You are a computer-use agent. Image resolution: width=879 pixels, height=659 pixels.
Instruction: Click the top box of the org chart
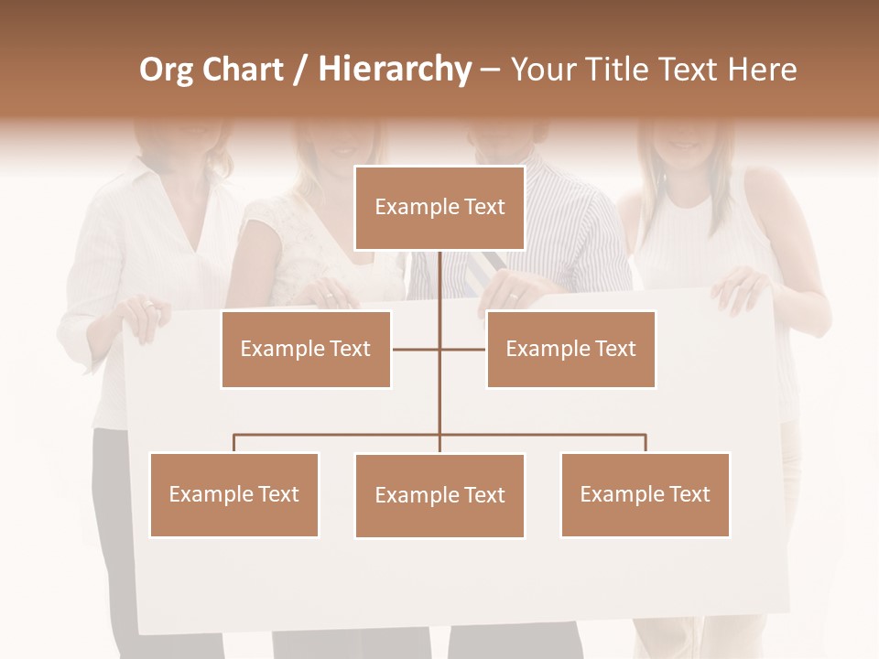pyautogui.click(x=439, y=208)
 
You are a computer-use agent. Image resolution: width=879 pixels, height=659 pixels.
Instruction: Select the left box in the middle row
pyautogui.click(x=306, y=349)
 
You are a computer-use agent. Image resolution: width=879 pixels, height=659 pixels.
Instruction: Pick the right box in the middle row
pyautogui.click(x=570, y=349)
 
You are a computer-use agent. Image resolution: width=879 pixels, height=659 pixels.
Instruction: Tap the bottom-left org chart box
pyautogui.click(x=234, y=494)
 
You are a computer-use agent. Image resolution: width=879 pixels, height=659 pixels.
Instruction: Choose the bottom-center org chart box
pyautogui.click(x=439, y=495)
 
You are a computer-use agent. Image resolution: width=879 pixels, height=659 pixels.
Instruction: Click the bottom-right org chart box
pyautogui.click(x=645, y=494)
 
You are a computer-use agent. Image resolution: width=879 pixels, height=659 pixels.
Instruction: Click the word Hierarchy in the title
pyautogui.click(x=395, y=70)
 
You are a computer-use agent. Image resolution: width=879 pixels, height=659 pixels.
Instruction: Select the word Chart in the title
pyautogui.click(x=245, y=70)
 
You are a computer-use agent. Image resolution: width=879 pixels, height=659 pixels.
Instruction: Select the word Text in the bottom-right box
pyautogui.click(x=689, y=494)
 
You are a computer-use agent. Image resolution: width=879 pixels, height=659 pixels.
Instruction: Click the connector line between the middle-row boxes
pyautogui.click(x=417, y=349)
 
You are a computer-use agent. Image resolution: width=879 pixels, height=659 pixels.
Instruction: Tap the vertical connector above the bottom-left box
pyautogui.click(x=234, y=443)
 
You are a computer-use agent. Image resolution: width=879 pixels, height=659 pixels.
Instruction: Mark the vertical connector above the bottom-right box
pyautogui.click(x=646, y=443)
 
